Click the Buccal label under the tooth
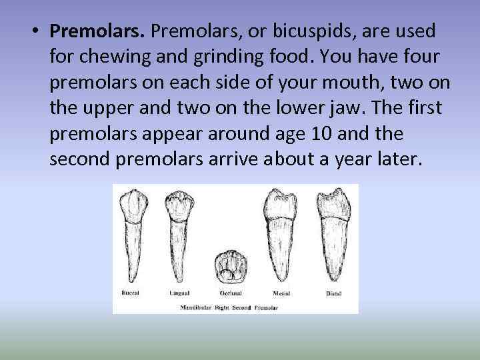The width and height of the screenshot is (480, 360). pos(130,293)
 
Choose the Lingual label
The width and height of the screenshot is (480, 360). pos(179,293)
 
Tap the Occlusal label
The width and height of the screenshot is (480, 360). pos(230,293)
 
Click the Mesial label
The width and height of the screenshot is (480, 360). pos(281,293)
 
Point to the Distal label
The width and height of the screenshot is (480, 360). pos(333,293)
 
